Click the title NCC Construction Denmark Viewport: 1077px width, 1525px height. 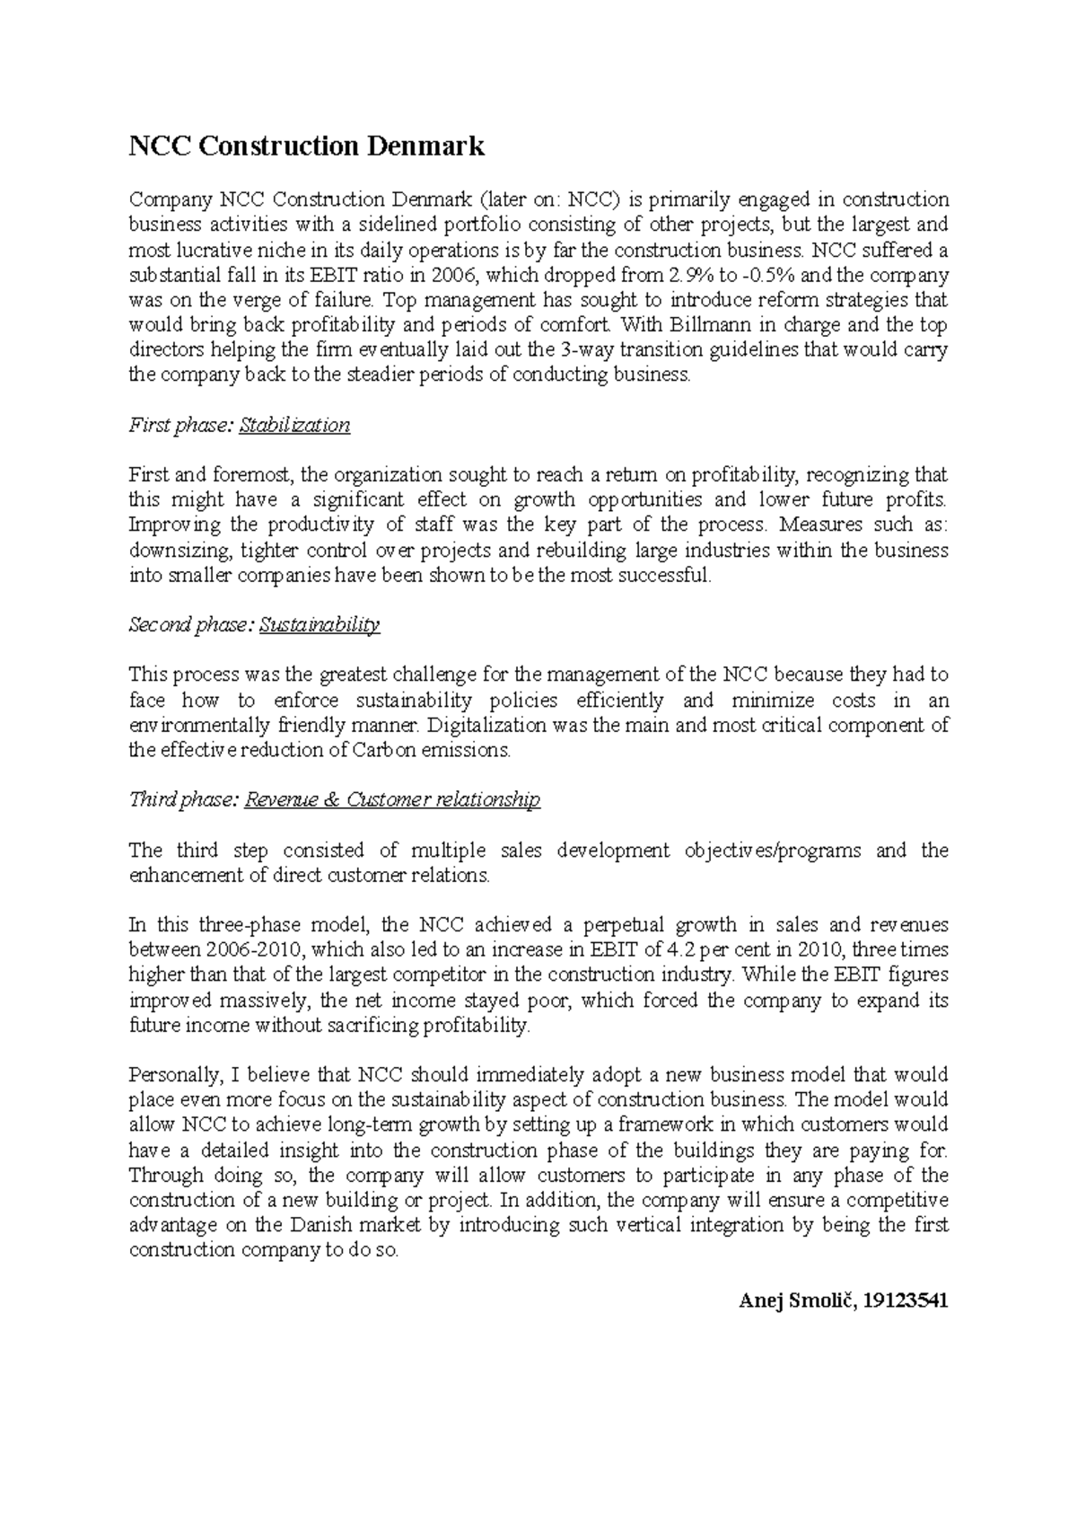coord(307,145)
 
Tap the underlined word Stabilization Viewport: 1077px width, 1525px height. coord(294,425)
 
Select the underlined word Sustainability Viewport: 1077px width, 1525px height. coord(320,625)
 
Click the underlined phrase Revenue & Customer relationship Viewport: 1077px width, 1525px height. coord(392,799)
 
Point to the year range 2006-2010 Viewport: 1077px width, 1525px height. coord(254,950)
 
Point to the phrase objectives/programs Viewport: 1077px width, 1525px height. coord(770,851)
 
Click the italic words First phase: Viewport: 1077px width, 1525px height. coord(180,425)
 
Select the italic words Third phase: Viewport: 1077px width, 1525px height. coord(182,799)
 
